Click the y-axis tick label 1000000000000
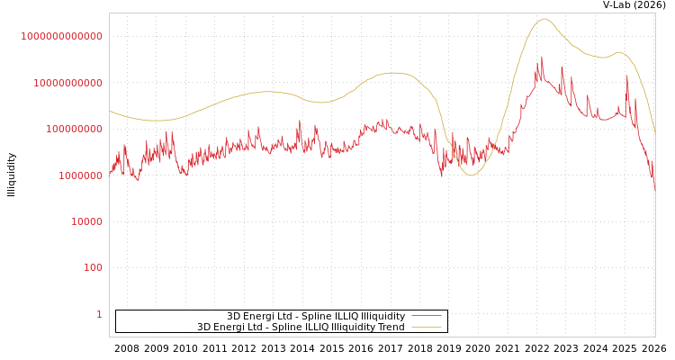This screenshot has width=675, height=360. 61,36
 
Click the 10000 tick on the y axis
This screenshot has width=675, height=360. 85,221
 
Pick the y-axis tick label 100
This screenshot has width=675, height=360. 94,267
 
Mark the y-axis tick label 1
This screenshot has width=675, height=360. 99,314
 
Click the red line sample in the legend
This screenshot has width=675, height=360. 427,316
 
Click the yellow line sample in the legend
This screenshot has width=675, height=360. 427,327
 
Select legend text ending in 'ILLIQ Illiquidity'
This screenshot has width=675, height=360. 315,316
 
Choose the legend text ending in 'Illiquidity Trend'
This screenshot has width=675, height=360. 301,327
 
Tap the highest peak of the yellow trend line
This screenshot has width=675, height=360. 544,19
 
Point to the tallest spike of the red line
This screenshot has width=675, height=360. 542,57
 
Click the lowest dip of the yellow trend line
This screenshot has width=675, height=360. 471,175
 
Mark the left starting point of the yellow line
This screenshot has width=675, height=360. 110,111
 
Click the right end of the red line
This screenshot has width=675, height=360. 654,190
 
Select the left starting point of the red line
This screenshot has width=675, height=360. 110,173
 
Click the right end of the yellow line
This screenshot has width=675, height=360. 654,133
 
